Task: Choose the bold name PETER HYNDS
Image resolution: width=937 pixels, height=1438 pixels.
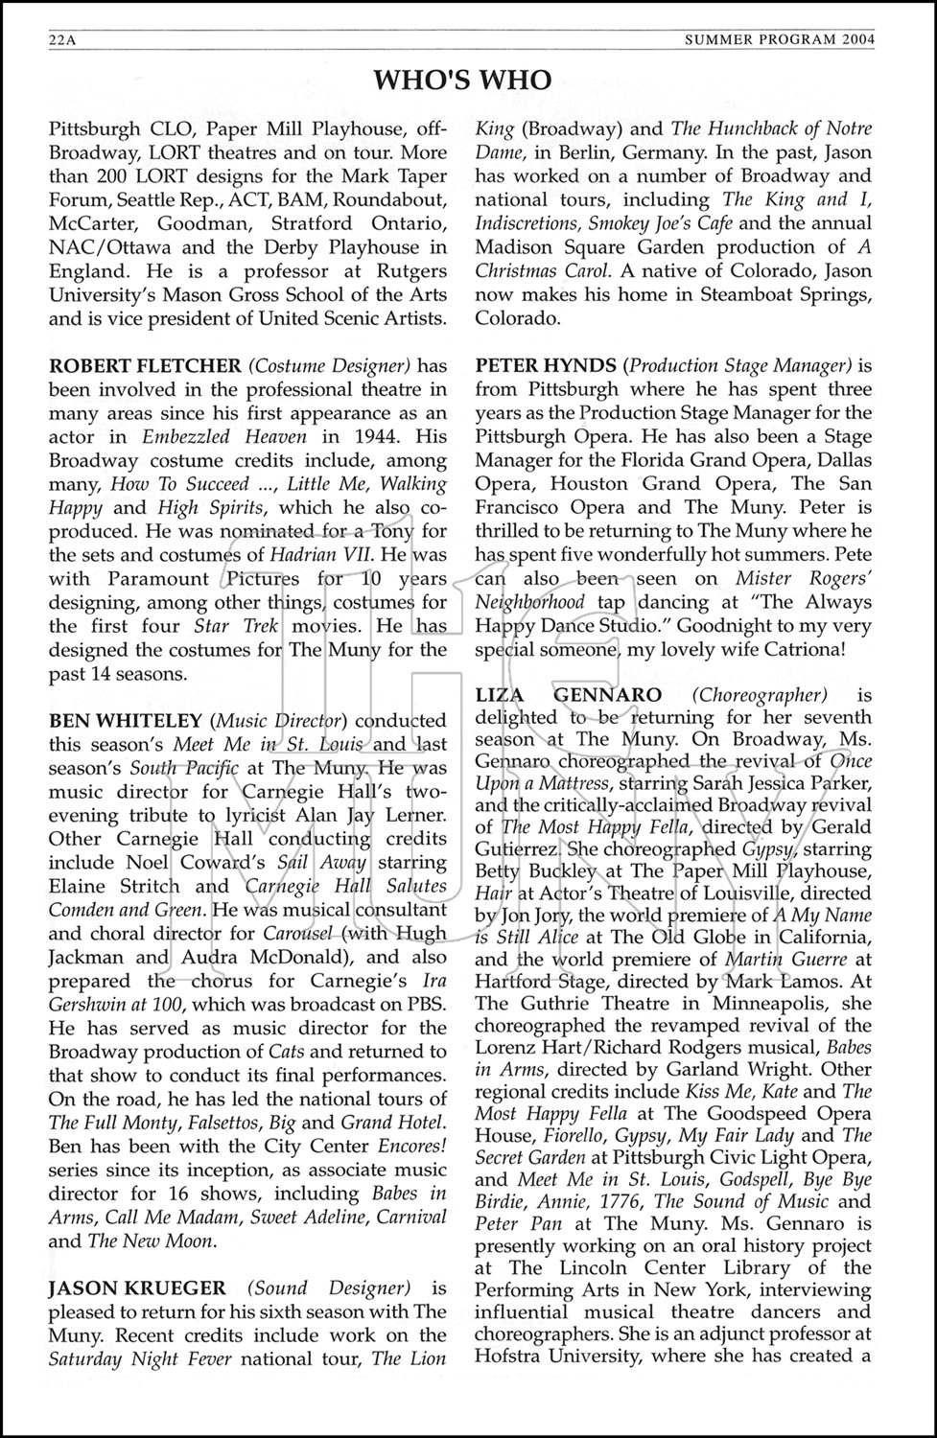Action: pos(545,365)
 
